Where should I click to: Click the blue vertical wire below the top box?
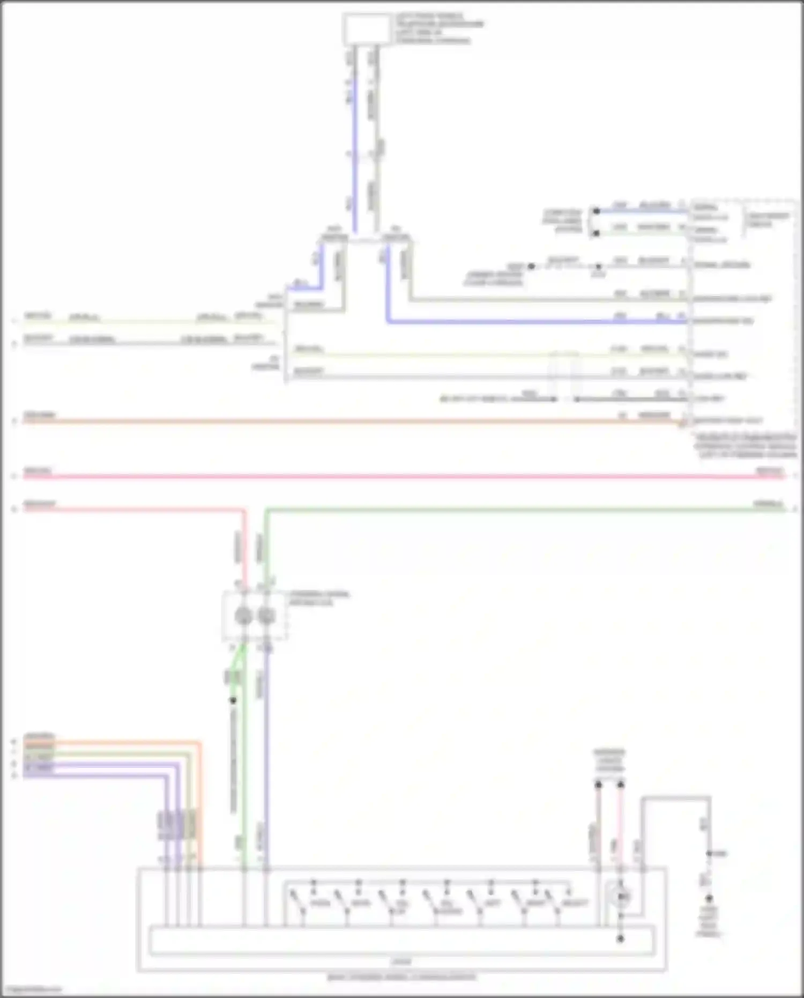pyautogui.click(x=354, y=161)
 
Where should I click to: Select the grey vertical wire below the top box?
pyautogui.click(x=377, y=161)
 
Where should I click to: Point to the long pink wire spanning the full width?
pyautogui.click(x=402, y=476)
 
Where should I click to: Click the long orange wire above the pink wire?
pyautogui.click(x=348, y=422)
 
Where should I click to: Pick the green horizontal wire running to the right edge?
pyautogui.click(x=509, y=510)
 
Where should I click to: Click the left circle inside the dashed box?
pyautogui.click(x=243, y=616)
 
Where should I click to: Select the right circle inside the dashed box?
pyautogui.click(x=266, y=616)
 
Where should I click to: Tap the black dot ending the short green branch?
pyautogui.click(x=233, y=700)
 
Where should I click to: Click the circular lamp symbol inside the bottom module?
pyautogui.click(x=621, y=896)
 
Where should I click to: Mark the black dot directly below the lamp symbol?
pyautogui.click(x=621, y=938)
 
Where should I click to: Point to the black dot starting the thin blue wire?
pyautogui.click(x=596, y=211)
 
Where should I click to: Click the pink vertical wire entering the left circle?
pyautogui.click(x=244, y=552)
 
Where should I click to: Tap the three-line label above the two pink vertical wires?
pyautogui.click(x=609, y=760)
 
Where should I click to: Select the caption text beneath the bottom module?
pyautogui.click(x=401, y=977)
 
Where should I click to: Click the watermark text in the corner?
pyautogui.click(x=32, y=989)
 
